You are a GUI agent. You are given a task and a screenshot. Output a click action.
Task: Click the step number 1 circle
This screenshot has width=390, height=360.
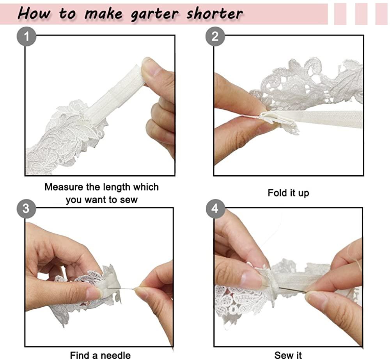pos(27,36)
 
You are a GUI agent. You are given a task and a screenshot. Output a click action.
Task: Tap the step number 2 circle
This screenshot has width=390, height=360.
pos(215,36)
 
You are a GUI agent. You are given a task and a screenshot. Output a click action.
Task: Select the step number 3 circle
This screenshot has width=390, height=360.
pos(27,209)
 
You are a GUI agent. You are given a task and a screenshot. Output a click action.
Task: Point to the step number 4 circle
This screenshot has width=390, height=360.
pos(216,209)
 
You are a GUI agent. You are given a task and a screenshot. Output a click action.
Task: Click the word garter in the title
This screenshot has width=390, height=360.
pos(154,14)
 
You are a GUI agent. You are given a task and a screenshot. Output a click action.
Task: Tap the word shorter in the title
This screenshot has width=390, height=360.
pos(214,13)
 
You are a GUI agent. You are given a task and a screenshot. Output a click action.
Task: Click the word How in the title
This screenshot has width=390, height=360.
pos(34,13)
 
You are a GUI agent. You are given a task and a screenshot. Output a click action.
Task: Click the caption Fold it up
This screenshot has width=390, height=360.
pos(288,193)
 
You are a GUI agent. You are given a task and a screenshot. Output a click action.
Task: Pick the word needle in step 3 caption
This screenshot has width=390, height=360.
pos(115,355)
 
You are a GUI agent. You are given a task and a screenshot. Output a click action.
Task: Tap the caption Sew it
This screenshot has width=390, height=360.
pos(288,355)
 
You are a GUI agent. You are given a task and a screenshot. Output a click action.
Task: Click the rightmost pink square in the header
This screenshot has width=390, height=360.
pos(381,14)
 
